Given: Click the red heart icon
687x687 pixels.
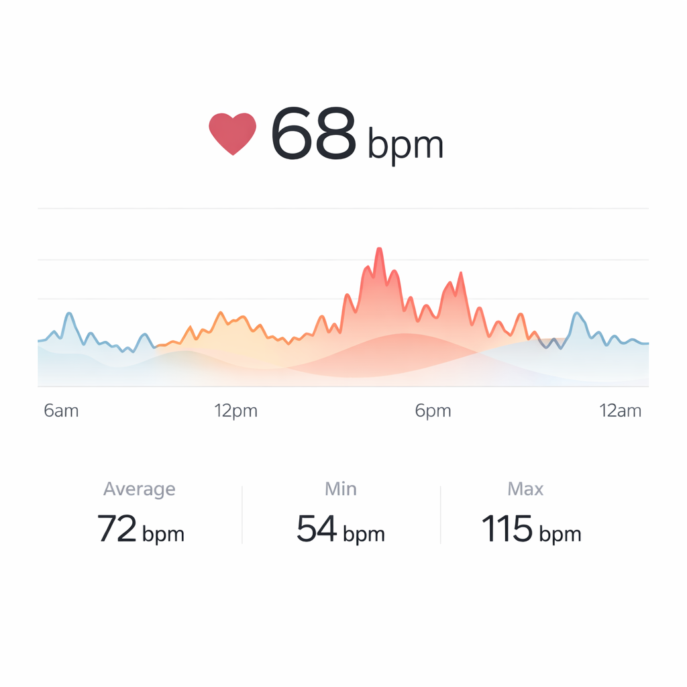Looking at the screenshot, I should (233, 133).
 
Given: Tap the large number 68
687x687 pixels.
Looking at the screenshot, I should (313, 134).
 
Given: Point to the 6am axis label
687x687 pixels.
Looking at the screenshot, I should (61, 411).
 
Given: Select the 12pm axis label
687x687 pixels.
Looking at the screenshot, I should (236, 411).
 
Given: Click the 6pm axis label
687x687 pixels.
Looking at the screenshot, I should (433, 411).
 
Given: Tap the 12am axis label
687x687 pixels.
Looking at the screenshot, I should (620, 411).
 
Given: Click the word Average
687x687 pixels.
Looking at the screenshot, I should (139, 489).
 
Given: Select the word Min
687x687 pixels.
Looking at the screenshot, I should (341, 489).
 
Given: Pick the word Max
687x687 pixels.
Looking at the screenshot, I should (525, 489).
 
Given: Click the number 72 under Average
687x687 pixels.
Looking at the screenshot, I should (118, 529).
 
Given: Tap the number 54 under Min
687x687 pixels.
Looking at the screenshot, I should (317, 529).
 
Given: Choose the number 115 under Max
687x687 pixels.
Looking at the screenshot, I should (507, 529).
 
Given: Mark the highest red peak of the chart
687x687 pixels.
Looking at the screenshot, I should (379, 250).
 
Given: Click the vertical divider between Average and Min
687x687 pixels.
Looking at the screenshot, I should (242, 515).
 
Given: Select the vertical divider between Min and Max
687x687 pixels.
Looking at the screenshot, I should (440, 515).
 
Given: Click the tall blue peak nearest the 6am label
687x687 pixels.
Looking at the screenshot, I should (68, 314).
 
